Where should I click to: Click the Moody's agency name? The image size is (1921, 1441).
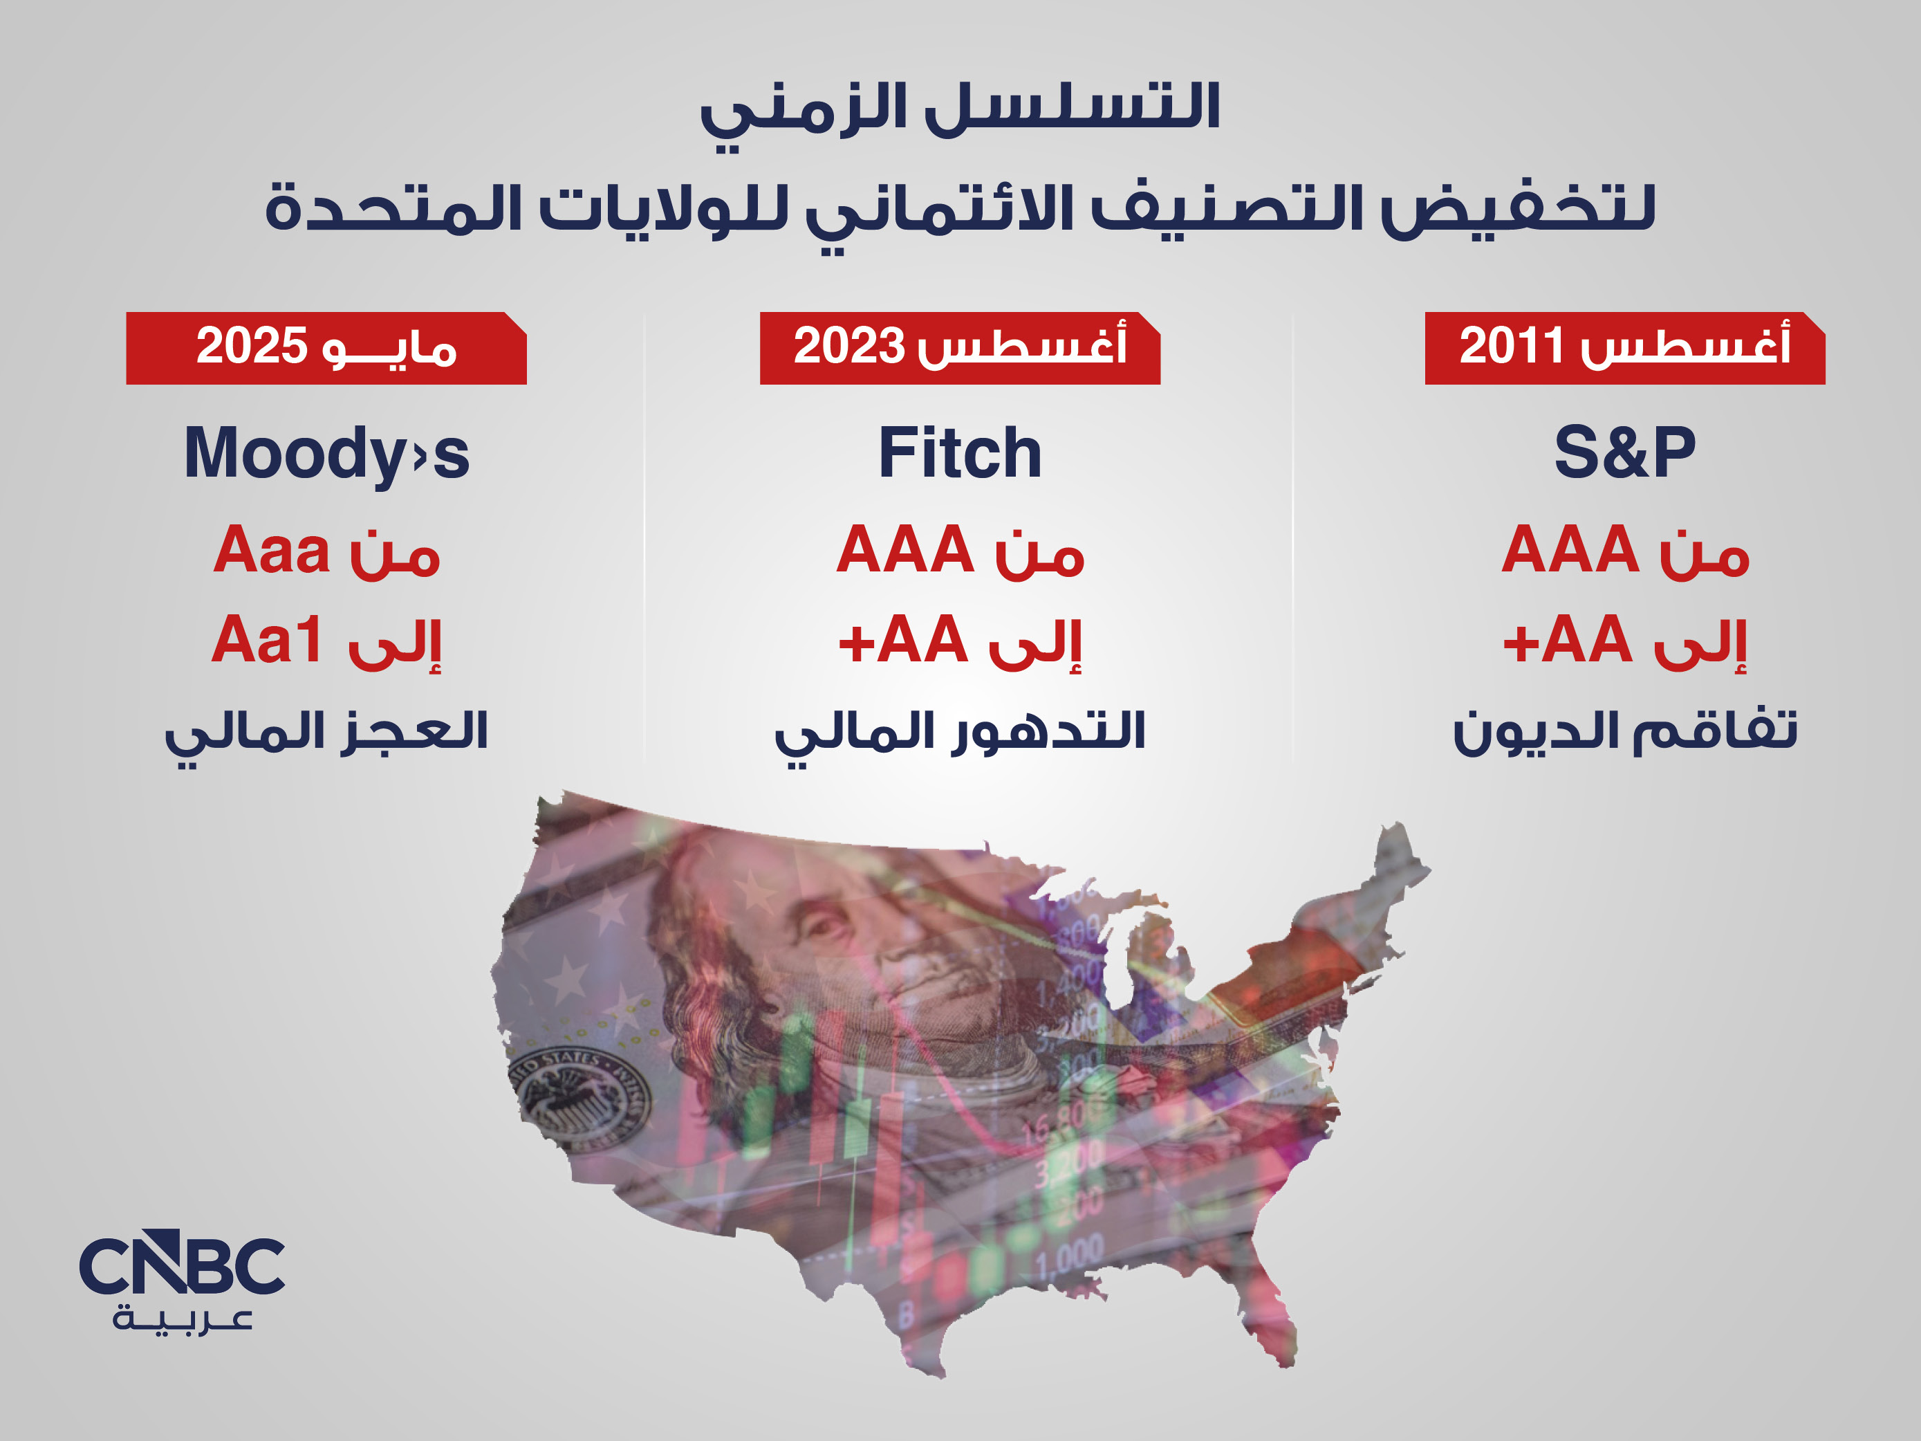326,453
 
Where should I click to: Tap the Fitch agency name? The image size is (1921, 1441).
960,452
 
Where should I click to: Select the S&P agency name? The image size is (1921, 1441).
1625,452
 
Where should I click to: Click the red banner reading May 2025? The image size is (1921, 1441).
326,347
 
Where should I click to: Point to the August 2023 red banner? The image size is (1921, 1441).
960,347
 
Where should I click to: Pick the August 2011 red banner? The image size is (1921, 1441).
1625,347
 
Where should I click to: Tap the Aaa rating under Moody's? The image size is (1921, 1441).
272,550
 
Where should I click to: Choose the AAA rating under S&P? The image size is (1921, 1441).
1570,550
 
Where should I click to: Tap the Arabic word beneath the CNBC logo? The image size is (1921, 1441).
183,1320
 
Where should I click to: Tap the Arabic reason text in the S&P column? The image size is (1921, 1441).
1625,731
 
